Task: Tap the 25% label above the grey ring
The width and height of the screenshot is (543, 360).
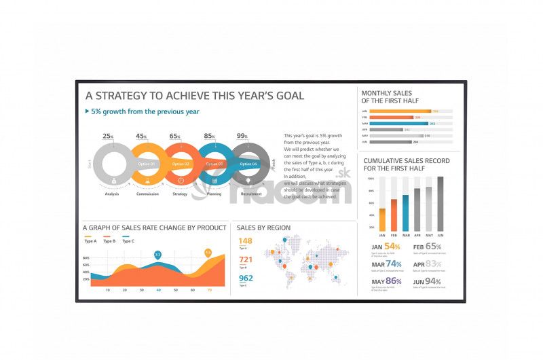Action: coord(108,137)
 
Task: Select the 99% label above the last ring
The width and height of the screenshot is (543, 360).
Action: coord(242,137)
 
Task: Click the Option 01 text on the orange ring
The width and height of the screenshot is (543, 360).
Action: coord(147,164)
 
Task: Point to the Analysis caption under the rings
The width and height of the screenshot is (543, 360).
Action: coord(112,194)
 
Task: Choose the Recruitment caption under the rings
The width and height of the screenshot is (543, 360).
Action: coord(250,194)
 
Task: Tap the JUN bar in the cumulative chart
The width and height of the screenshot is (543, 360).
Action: coord(441,204)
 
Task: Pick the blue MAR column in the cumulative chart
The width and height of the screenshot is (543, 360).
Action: coord(406,213)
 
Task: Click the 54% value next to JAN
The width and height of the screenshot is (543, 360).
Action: coord(392,247)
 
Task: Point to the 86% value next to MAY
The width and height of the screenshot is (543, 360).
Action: coord(394,281)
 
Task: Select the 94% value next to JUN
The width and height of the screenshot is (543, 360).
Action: coord(433,281)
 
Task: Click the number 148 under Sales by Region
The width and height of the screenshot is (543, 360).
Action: coord(245,241)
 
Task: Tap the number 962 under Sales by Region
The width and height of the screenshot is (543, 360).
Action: coord(246,278)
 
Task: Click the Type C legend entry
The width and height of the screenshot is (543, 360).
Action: coord(128,241)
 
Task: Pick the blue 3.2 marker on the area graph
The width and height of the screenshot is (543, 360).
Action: coord(157,255)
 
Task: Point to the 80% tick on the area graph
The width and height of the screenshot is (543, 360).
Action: coord(86,258)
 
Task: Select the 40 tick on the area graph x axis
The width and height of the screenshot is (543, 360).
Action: coord(159,290)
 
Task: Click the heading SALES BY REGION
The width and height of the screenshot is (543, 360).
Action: coord(263,228)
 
